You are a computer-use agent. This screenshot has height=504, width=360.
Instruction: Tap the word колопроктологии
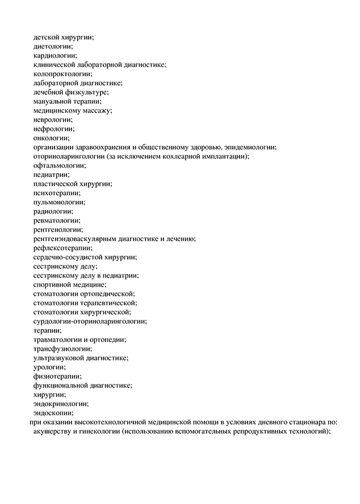[62, 74]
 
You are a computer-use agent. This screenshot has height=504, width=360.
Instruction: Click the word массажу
[97, 111]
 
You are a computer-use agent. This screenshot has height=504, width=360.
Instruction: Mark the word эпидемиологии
[248, 147]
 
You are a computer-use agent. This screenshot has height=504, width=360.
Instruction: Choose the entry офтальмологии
[60, 165]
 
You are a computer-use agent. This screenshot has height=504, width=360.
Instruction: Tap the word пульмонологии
[60, 201]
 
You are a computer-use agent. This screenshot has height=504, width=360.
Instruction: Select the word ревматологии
[57, 220]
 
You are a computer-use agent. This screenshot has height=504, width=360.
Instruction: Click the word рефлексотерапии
[62, 247]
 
